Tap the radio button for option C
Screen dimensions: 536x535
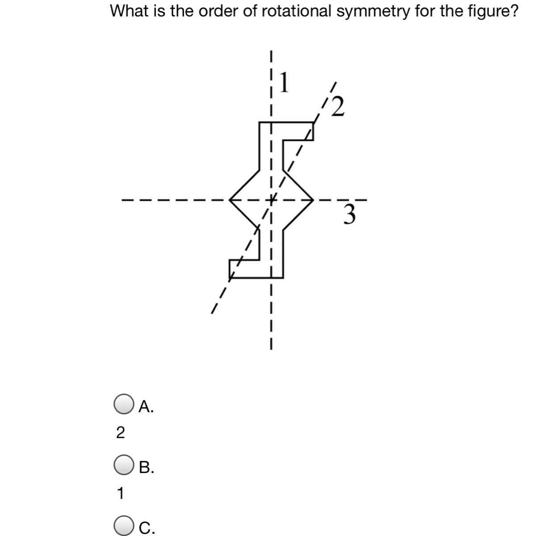123,526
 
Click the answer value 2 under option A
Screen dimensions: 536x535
120,432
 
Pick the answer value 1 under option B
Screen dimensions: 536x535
120,494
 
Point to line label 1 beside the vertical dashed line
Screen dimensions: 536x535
284,81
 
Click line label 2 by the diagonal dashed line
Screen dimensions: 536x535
338,106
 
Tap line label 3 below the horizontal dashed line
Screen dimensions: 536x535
350,215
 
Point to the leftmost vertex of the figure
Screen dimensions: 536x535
230,200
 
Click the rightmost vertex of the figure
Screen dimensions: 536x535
312,200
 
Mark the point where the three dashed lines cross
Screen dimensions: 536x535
271,200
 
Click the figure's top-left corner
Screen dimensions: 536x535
260,122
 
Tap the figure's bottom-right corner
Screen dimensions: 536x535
282,277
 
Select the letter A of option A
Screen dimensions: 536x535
146,406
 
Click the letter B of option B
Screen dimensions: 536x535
146,467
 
